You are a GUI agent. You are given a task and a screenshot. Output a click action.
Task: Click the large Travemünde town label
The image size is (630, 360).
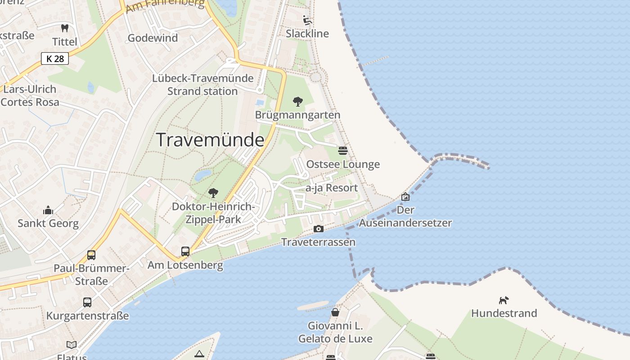(210, 140)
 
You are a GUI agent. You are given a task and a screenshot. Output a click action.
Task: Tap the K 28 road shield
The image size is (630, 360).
(55, 58)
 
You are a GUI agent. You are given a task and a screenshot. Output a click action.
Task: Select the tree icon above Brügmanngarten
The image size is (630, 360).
(297, 102)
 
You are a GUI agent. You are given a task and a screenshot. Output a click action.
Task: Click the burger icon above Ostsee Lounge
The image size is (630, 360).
(343, 150)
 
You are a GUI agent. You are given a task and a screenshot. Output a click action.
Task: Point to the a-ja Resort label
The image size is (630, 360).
(332, 188)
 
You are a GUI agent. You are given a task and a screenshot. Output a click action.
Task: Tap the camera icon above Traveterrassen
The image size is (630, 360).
(318, 229)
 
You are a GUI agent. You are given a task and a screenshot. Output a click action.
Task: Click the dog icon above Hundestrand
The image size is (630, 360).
(504, 300)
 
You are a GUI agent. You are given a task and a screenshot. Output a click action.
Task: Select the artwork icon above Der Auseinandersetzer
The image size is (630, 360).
(405, 197)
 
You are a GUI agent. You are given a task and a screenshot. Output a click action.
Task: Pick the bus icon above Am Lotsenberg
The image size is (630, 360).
(185, 252)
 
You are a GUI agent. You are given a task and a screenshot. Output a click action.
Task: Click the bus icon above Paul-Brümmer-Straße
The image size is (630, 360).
(91, 255)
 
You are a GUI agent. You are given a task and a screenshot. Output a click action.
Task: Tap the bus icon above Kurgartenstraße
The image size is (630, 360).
(87, 302)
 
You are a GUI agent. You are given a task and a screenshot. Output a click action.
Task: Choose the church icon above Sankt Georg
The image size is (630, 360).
(48, 210)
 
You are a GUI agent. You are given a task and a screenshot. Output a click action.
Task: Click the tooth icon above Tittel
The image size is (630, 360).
(65, 28)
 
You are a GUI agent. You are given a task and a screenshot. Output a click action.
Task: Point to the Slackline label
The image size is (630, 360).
(307, 34)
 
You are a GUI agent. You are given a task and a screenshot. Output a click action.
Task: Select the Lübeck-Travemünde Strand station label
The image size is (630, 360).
(202, 85)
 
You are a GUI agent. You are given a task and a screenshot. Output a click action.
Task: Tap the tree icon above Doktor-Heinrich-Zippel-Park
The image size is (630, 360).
(213, 193)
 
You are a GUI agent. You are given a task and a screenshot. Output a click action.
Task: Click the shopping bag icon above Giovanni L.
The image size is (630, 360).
(335, 312)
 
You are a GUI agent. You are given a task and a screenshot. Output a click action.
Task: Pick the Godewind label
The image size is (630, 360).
(153, 38)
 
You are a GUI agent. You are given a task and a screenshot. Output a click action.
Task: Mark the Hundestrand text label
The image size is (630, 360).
(504, 313)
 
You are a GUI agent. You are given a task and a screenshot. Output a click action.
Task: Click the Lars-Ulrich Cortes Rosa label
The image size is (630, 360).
(30, 95)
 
